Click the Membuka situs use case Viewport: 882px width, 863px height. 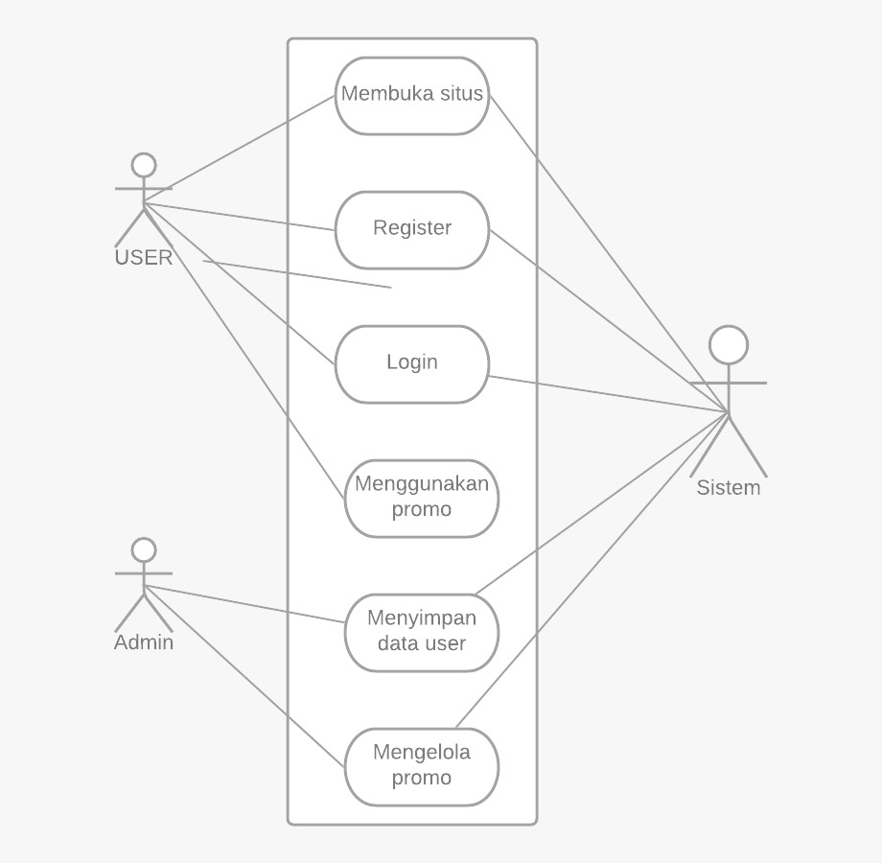pos(412,95)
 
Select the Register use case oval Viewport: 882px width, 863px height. pos(412,229)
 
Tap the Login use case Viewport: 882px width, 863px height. pos(412,363)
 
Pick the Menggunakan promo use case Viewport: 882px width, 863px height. pos(422,497)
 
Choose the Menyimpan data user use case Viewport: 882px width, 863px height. pos(422,632)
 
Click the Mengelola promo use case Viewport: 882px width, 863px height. pos(422,766)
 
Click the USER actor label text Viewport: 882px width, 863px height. pos(144,257)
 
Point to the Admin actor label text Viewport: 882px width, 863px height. pos(144,642)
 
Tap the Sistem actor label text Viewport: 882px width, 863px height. pos(729,487)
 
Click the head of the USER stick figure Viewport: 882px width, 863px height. pos(144,165)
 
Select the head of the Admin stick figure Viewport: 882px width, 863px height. pos(144,549)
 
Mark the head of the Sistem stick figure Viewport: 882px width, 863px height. pos(729,345)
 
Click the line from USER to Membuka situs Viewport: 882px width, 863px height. pos(240,149)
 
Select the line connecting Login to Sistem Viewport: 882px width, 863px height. pos(609,393)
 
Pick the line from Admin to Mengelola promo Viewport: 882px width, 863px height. pos(244,677)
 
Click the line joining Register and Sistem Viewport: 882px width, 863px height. pos(609,320)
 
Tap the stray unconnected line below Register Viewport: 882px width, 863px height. pos(297,273)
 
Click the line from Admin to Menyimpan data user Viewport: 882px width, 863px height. pos(244,603)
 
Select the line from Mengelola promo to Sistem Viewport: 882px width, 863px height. pos(592,570)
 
